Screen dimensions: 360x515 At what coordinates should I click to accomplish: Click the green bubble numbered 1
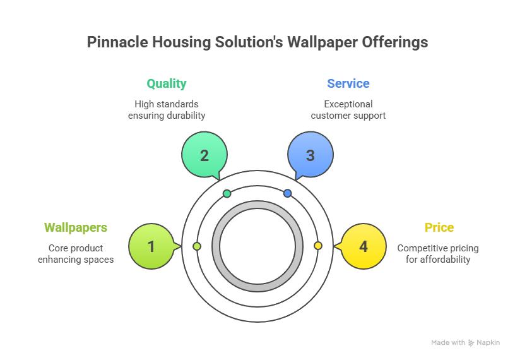point(151,246)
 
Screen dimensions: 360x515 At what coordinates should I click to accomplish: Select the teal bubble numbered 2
point(204,155)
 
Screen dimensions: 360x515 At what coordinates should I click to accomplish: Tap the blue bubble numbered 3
point(310,155)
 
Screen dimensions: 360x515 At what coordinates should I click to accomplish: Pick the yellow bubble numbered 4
point(363,246)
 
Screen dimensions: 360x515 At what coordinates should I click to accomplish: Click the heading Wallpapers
point(76,227)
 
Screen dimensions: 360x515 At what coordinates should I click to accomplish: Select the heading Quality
point(167,83)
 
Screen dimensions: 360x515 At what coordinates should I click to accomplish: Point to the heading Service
point(348,83)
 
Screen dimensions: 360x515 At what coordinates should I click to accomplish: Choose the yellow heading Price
point(439,227)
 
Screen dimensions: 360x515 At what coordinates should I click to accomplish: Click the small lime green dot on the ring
point(197,246)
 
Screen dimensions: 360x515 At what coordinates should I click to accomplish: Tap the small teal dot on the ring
point(227,193)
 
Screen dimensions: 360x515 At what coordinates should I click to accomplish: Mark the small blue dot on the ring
point(288,193)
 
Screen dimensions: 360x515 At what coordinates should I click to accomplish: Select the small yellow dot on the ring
point(318,246)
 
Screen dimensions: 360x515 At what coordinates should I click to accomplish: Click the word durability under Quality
point(185,116)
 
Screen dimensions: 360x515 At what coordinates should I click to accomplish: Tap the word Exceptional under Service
point(348,104)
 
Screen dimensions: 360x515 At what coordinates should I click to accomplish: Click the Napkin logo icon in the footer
point(471,343)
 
